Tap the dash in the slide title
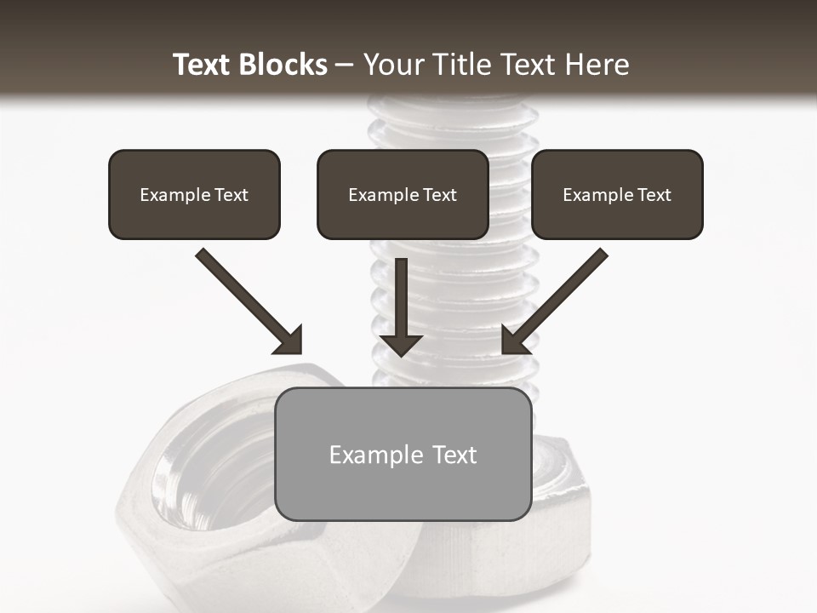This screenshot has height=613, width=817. (x=345, y=66)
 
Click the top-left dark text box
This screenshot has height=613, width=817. (x=194, y=194)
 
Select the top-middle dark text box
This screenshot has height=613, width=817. (x=403, y=194)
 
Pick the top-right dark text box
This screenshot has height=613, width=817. (x=617, y=194)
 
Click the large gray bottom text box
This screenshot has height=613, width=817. (x=403, y=454)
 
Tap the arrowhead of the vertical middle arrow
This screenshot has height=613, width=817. (x=401, y=344)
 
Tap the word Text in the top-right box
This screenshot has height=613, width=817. (x=654, y=195)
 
